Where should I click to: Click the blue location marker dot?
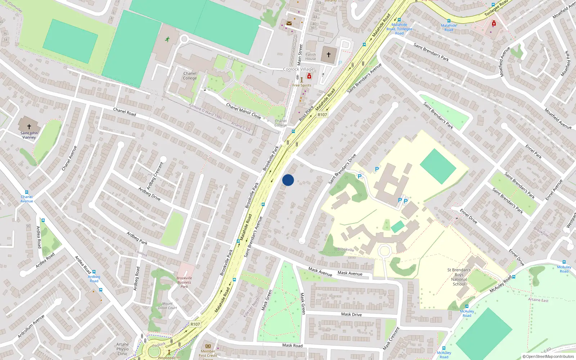click(x=288, y=180)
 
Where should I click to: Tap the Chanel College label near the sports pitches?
click(x=190, y=76)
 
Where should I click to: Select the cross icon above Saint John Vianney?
click(x=29, y=127)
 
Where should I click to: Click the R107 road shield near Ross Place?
click(x=322, y=114)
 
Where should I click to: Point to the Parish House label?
click(x=311, y=57)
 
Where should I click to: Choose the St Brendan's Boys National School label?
click(x=459, y=277)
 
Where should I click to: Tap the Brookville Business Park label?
click(x=184, y=282)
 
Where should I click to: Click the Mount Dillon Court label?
click(x=167, y=306)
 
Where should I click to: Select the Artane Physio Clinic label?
click(x=122, y=349)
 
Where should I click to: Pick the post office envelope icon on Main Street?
click(x=289, y=23)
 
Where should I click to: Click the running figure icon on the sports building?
click(x=167, y=39)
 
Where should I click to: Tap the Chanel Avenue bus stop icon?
click(x=26, y=193)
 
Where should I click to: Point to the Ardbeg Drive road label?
click(x=149, y=194)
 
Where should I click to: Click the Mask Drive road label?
click(x=351, y=314)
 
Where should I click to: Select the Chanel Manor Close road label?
click(x=243, y=111)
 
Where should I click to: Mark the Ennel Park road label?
click(x=533, y=152)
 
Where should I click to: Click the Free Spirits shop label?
click(x=302, y=85)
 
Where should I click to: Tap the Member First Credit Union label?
click(x=208, y=354)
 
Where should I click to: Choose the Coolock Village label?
click(x=298, y=69)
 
